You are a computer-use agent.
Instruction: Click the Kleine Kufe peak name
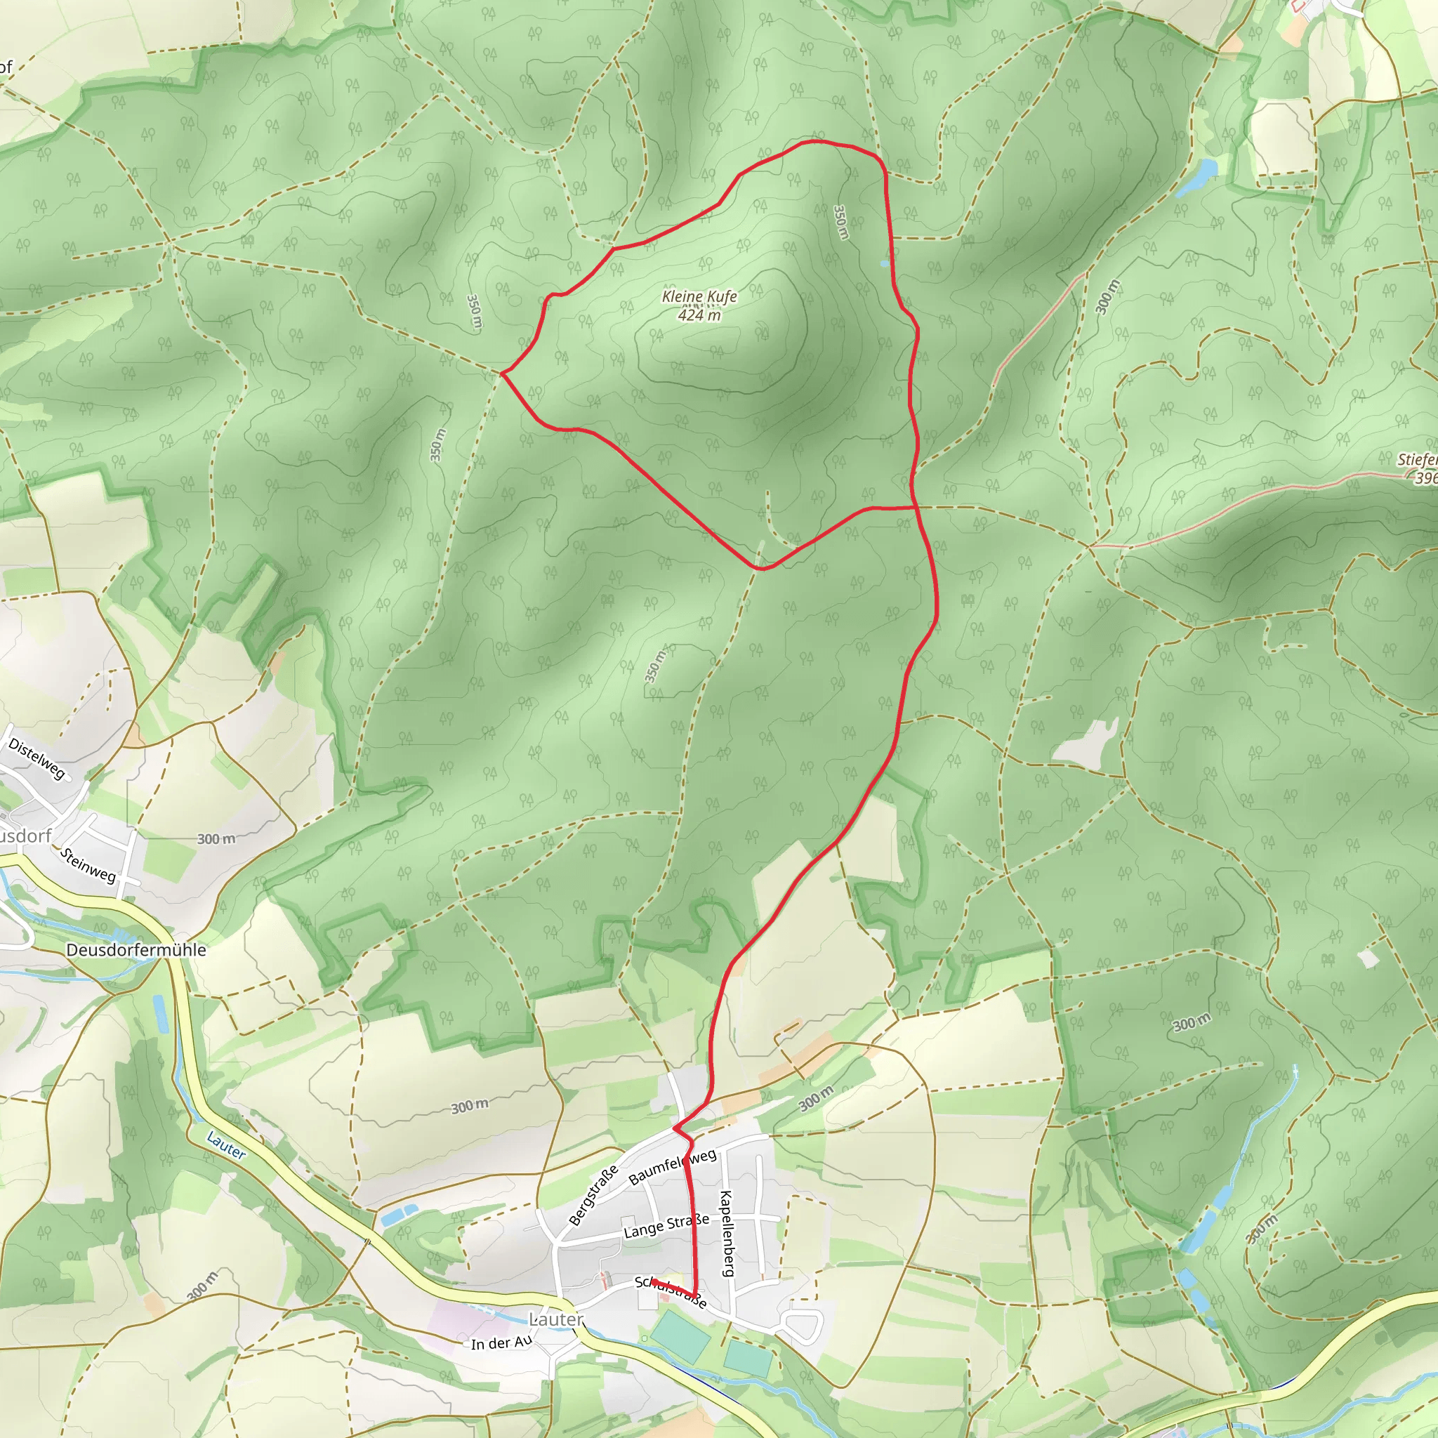(699, 296)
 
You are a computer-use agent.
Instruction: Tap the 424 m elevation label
(699, 315)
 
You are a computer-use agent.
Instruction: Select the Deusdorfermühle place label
(136, 950)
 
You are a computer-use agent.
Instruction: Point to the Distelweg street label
(37, 758)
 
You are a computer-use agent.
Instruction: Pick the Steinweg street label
(88, 865)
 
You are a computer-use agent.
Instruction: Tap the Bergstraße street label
(593, 1194)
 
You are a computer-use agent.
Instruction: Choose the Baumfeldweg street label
(672, 1166)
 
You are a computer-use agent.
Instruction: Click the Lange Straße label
(666, 1227)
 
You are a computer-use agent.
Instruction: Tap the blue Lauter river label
(225, 1145)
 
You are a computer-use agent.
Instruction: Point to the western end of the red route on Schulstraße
(653, 1281)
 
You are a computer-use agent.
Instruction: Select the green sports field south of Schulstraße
(681, 1337)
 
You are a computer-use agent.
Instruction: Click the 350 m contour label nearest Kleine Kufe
(840, 222)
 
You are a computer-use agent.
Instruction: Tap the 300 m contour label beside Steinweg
(216, 839)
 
